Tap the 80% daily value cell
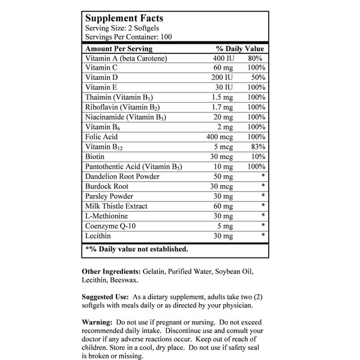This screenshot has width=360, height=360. [x=257, y=59]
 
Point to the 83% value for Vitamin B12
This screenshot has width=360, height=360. [x=257, y=146]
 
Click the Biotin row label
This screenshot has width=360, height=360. [x=96, y=157]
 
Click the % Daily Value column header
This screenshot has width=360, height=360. [x=240, y=48]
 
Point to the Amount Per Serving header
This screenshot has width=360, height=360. [x=119, y=48]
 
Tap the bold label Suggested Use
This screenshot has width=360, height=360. [x=104, y=296]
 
